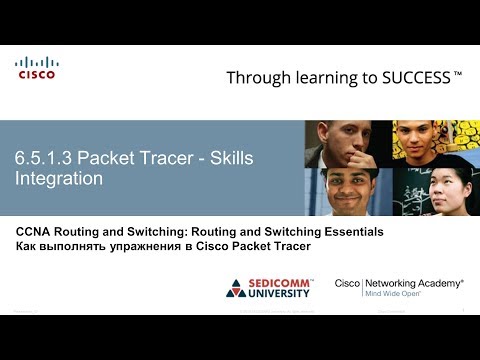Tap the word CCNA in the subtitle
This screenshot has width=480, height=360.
35,231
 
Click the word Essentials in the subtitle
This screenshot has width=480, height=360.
349,231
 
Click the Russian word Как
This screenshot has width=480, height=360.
28,246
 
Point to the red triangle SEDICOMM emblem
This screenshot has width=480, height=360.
236,289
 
